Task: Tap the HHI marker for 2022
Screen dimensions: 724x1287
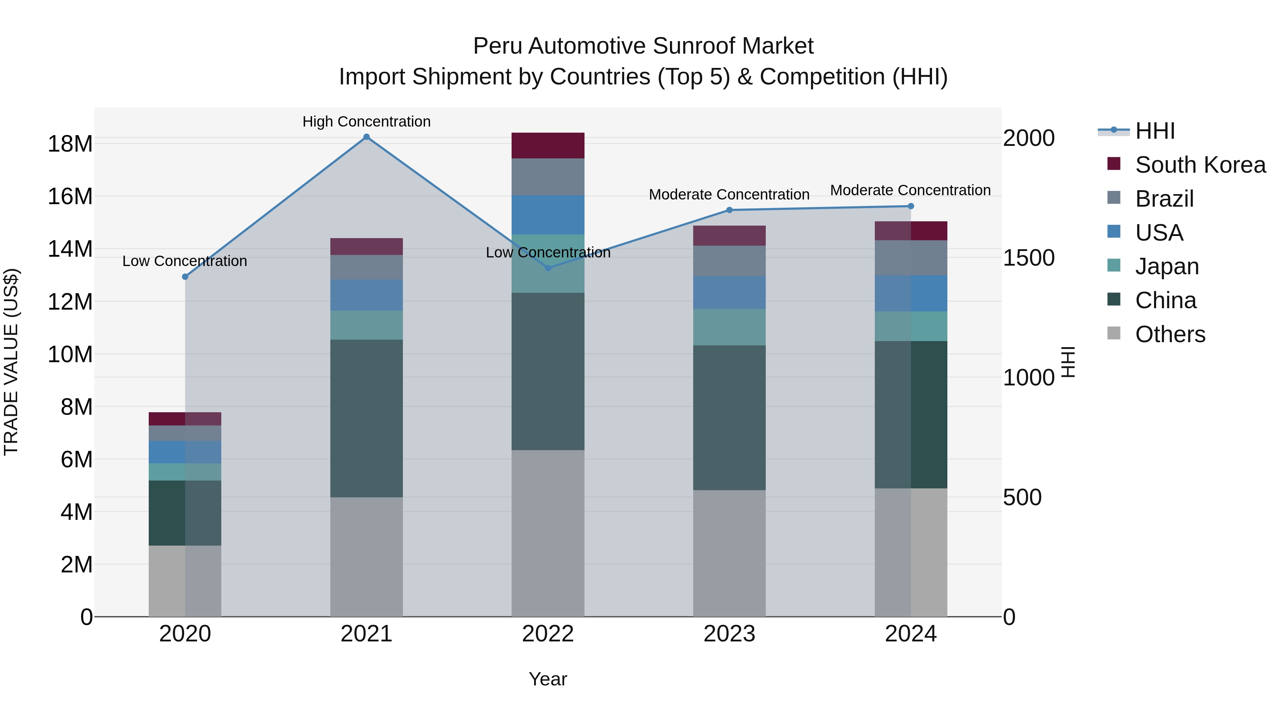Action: (x=548, y=268)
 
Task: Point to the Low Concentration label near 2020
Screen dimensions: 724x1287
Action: (x=184, y=261)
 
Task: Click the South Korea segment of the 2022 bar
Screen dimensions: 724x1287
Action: (x=548, y=146)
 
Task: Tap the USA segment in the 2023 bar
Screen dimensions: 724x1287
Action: (x=729, y=292)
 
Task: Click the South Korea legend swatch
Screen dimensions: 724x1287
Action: (x=1114, y=164)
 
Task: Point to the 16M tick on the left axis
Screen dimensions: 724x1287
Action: (x=70, y=196)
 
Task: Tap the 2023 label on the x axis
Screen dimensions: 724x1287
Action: (x=729, y=634)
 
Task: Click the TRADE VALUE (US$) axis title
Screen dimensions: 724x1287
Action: (x=11, y=362)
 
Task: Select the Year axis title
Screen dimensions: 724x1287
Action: (x=548, y=679)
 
